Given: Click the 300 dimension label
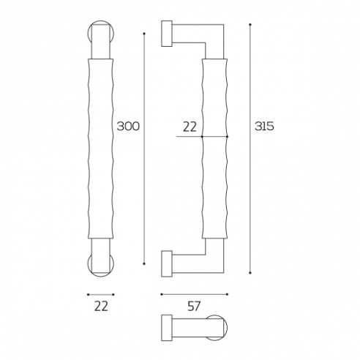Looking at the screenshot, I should (x=128, y=127).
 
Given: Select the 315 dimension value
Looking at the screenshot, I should (x=263, y=127).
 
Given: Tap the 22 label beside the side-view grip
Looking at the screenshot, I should (x=190, y=127).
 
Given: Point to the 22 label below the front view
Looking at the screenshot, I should (x=101, y=307).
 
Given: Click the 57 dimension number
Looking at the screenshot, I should (x=193, y=307).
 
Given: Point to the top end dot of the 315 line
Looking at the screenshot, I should (x=250, y=25).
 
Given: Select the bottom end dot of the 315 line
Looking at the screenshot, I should (x=250, y=273).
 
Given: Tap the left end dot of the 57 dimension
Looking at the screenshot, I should (x=161, y=294).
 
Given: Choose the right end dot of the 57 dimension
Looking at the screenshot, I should (x=227, y=294).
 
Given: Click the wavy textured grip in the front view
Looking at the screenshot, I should (x=101, y=150).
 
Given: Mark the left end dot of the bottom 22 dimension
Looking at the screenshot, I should (x=88, y=294).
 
